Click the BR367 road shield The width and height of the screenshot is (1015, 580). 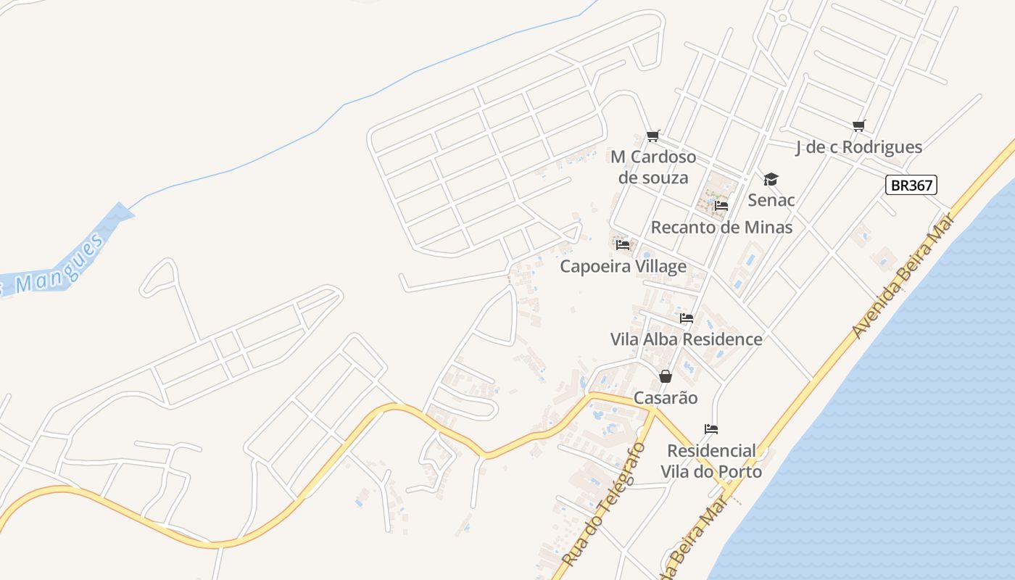911,185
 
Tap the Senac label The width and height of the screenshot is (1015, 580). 771,200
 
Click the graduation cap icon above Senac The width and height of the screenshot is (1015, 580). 771,179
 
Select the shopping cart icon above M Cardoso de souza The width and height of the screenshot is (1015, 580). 652,136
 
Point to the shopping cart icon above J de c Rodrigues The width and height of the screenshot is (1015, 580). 859,125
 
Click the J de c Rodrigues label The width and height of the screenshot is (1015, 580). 858,147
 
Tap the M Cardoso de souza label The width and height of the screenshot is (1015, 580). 653,167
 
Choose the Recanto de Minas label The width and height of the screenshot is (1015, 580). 721,227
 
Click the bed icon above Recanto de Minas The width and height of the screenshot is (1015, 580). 721,206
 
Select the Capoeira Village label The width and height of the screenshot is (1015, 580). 623,266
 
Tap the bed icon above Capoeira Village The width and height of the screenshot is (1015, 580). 622,245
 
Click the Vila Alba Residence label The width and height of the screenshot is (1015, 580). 686,339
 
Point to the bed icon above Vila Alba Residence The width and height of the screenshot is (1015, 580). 686,318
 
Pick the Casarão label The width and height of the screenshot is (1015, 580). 666,398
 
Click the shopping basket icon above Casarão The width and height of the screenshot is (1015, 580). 665,376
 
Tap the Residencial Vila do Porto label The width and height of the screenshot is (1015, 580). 711,461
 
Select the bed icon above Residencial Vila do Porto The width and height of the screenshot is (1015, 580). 710,429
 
